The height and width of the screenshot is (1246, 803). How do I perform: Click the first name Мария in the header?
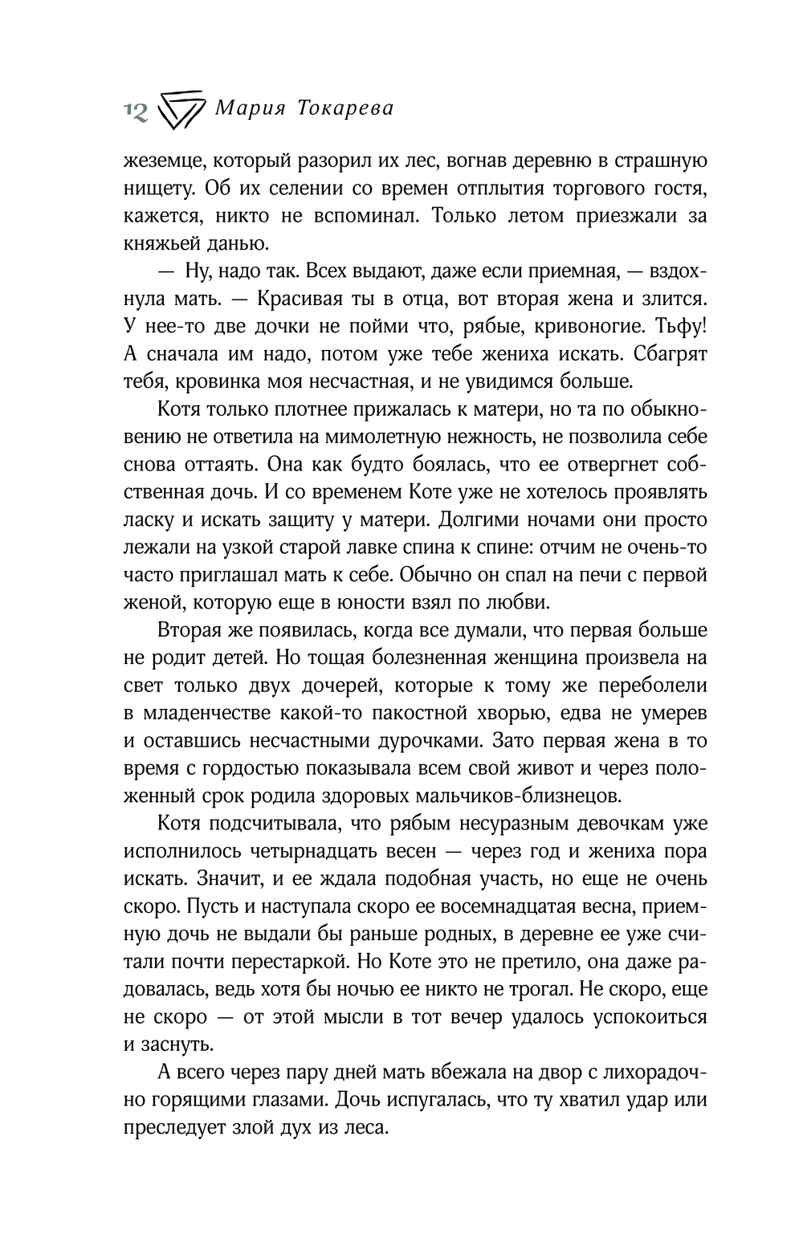[x=246, y=108]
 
